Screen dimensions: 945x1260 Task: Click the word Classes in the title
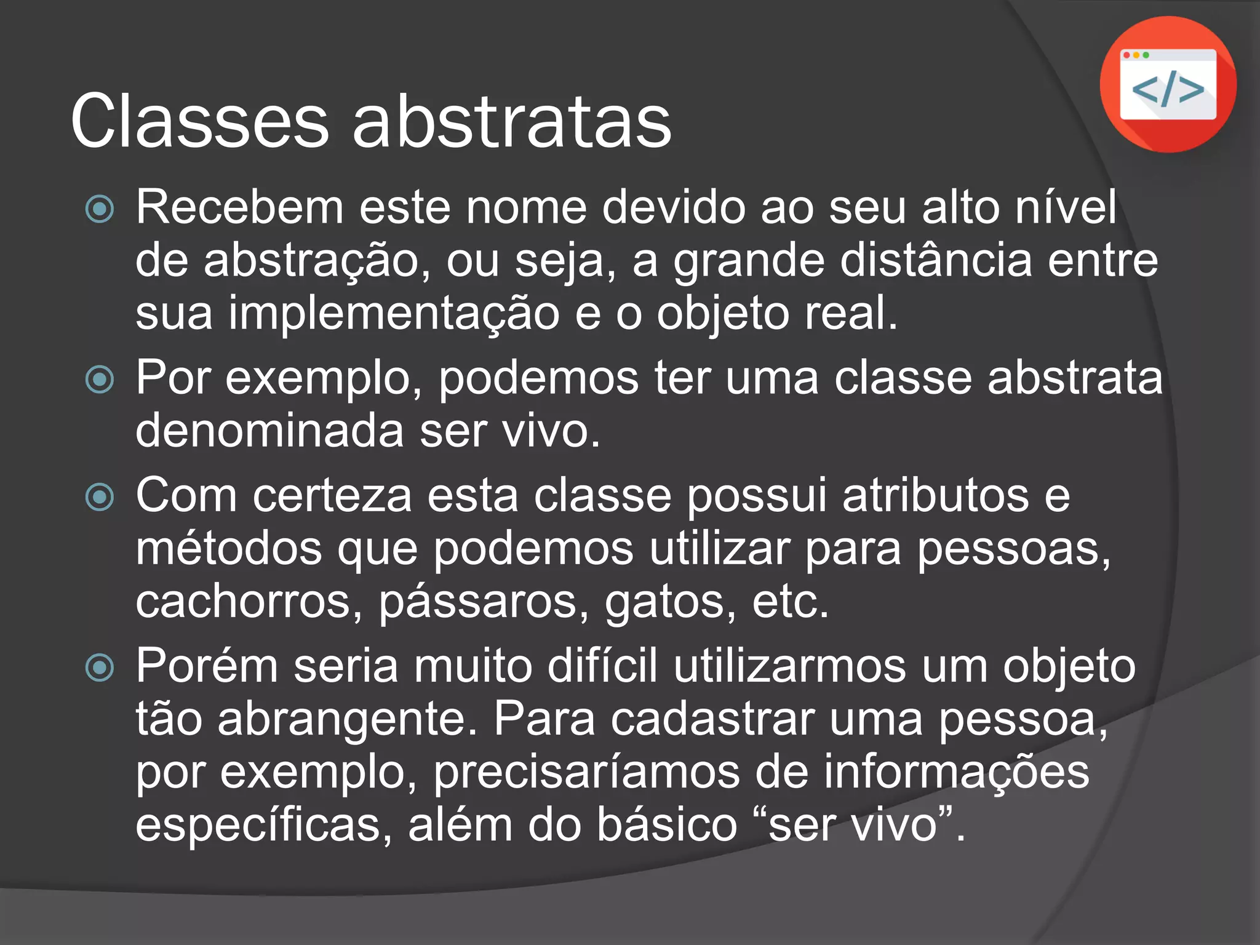click(x=200, y=121)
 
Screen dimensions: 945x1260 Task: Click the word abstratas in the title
click(x=512, y=121)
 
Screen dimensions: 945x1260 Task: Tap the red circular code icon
click(x=1168, y=84)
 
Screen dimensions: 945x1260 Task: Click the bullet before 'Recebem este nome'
click(x=100, y=209)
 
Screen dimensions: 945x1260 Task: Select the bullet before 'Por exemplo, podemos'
click(x=100, y=379)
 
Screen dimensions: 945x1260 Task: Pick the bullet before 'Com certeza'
click(x=100, y=497)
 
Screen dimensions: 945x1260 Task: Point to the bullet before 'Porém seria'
click(x=100, y=668)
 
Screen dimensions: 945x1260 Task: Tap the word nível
click(x=1066, y=207)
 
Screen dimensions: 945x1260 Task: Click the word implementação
click(x=394, y=314)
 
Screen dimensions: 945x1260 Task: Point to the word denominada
click(x=269, y=431)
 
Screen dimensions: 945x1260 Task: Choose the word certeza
click(x=332, y=496)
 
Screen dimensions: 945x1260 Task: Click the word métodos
click(x=229, y=549)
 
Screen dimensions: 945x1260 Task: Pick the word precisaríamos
click(x=586, y=772)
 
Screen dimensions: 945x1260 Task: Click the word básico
click(x=667, y=825)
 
